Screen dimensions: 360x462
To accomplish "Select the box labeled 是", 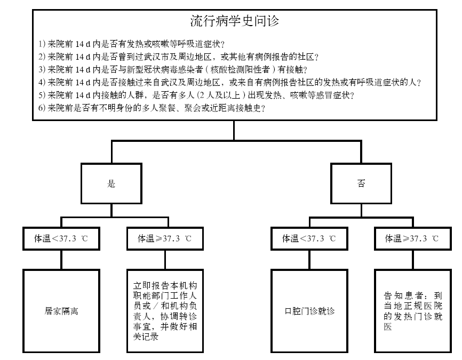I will click(x=111, y=183).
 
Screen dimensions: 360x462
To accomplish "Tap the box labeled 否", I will click(x=361, y=183).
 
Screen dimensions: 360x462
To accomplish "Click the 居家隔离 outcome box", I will click(x=61, y=310).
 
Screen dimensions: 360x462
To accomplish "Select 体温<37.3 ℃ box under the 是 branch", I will click(x=61, y=239).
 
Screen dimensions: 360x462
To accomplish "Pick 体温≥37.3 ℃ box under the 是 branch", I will click(x=164, y=239).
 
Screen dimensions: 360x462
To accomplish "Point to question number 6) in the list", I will click(x=42, y=108).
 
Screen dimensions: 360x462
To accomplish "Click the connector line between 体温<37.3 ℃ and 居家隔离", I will click(x=61, y=260).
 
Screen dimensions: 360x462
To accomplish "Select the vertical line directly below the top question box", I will click(x=234, y=131).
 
